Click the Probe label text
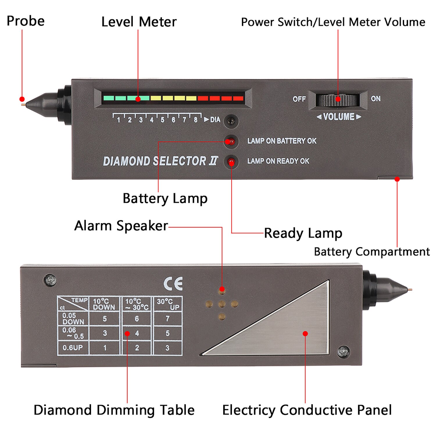26,21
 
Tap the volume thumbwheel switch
337,100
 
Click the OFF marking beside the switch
299,99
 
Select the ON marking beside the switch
376,99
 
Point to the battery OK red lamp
231,142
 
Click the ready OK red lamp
231,162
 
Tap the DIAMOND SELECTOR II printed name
160,161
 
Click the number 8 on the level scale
196,120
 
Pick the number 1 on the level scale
118,120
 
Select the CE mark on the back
173,284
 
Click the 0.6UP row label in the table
73,348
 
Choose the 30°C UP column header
168,304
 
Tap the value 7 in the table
167,319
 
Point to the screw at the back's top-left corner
50,280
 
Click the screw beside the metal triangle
344,352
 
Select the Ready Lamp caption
303,233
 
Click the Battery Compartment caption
372,252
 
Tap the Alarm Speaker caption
121,226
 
